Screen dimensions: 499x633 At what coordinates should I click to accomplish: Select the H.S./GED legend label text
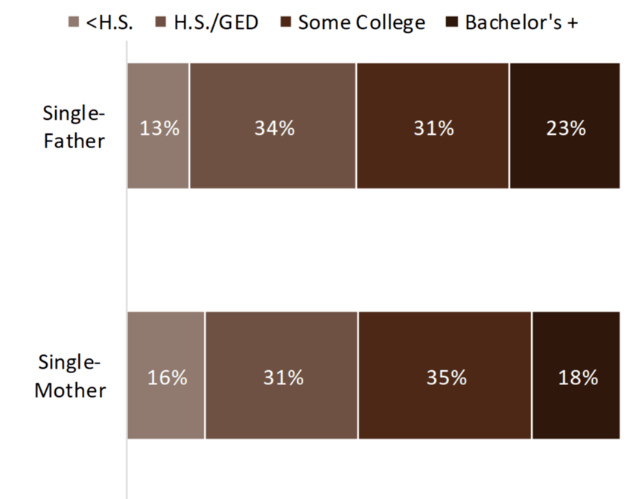[x=216, y=22]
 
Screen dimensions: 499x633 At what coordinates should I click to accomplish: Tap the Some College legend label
[x=361, y=22]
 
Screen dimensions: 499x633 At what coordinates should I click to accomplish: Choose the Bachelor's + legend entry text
[x=521, y=22]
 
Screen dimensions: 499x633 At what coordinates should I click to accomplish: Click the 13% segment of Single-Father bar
[x=158, y=125]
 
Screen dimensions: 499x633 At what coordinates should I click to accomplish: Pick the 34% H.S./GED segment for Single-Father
[x=273, y=125]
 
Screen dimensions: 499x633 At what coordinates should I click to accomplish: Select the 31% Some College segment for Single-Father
[x=433, y=125]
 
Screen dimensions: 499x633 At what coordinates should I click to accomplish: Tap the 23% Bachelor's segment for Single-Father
[x=564, y=125]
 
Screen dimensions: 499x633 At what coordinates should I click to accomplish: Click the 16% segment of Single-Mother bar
[x=166, y=375]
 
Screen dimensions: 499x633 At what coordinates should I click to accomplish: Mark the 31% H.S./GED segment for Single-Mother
[x=281, y=375]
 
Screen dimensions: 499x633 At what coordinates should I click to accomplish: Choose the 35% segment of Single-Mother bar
[x=445, y=375]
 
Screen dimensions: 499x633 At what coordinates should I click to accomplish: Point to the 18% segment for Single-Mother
[x=576, y=375]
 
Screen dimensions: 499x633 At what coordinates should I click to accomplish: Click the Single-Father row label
[x=74, y=127]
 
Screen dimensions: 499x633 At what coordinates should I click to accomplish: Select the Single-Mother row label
[x=71, y=377]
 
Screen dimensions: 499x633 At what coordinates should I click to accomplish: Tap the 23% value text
[x=566, y=129]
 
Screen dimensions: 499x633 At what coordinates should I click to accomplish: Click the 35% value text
[x=446, y=378]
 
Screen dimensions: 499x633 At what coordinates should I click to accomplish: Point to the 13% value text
[x=160, y=129]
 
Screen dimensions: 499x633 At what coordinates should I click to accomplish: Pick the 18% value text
[x=578, y=378]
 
